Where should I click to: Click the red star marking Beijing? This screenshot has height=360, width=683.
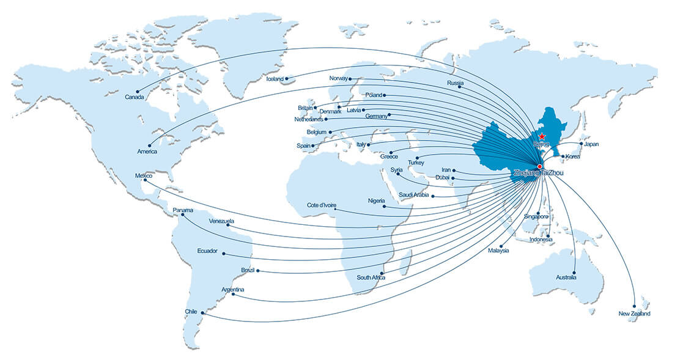point(542,138)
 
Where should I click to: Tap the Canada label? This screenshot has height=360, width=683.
point(134,97)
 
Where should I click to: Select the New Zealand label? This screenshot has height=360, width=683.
point(634,314)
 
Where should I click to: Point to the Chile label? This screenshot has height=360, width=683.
point(191,312)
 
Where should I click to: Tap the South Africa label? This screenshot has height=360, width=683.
point(371,278)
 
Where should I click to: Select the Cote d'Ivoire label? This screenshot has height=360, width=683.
point(322,206)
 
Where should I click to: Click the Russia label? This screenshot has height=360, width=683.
point(455,83)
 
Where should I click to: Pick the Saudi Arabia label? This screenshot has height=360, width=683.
point(413,195)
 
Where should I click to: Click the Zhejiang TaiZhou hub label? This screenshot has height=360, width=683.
point(537,173)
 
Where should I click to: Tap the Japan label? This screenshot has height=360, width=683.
point(591,145)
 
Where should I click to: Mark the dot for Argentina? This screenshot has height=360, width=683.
point(233,296)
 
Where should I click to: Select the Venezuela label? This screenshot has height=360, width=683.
point(221,221)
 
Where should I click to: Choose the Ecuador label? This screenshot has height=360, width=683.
point(207,251)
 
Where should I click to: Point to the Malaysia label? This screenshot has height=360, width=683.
point(498,251)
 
